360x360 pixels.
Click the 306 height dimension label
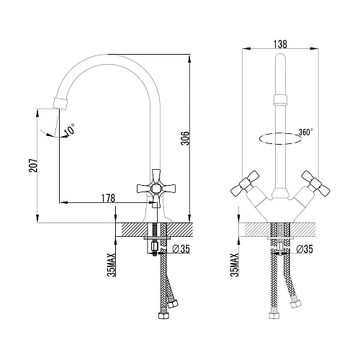coord(185,138)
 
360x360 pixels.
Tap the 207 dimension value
coord(33,166)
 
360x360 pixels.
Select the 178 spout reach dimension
coord(108,198)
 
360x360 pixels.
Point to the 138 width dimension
coord(280,44)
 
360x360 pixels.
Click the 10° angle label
coord(70,130)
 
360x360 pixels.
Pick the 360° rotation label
coord(306,132)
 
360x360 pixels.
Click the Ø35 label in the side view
coord(181,249)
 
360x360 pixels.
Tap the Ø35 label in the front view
coord(305,249)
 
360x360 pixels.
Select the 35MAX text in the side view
coord(112,265)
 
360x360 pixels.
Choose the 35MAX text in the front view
coord(235,265)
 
